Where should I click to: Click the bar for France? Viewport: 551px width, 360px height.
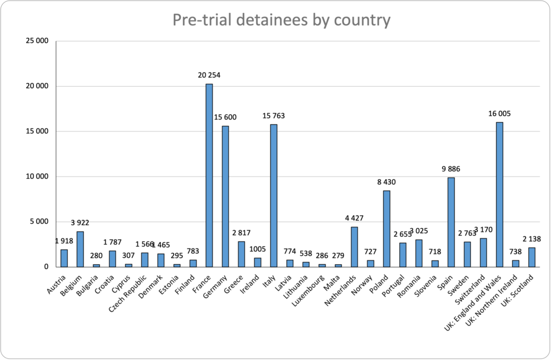click(x=209, y=175)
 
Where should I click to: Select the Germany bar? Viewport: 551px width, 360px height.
click(x=225, y=196)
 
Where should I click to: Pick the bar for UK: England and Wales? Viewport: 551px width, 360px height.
click(x=499, y=194)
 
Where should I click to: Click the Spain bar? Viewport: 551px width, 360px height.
click(x=451, y=222)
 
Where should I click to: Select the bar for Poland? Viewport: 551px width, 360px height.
click(x=386, y=228)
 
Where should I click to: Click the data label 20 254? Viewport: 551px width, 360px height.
click(x=209, y=75)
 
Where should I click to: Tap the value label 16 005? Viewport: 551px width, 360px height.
click(x=499, y=114)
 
